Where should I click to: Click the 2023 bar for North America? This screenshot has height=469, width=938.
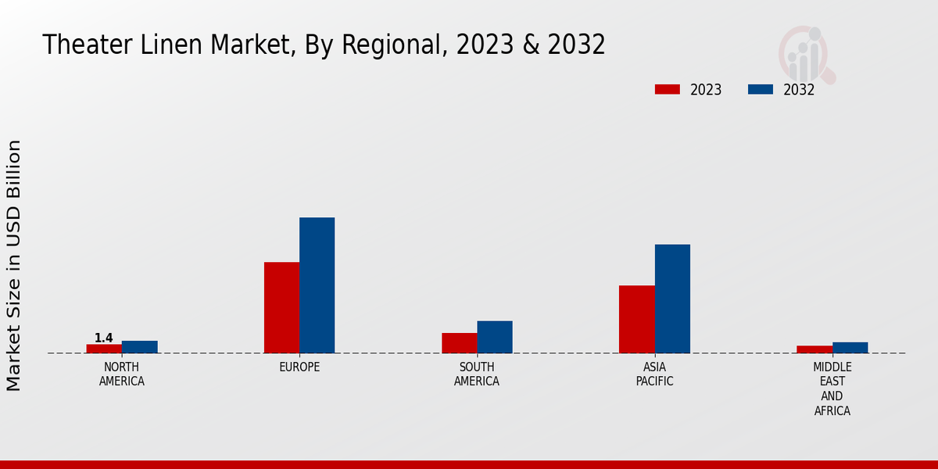coord(104,349)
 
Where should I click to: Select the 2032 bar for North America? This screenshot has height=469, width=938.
coord(140,347)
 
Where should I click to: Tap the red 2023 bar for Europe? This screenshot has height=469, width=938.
coord(281,307)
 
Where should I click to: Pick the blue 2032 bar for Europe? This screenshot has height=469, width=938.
coord(317,285)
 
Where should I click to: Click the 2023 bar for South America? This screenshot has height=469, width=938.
coord(459,343)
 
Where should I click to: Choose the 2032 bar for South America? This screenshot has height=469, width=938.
coord(495,337)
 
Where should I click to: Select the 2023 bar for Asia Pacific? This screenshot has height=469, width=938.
coord(636,319)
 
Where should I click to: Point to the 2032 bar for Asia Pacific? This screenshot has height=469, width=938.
coord(672,299)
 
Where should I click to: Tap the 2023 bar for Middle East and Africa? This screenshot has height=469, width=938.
coord(814,349)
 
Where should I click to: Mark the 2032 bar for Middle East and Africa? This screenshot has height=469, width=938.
coord(850,348)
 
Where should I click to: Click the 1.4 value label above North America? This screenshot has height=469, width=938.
coord(104,338)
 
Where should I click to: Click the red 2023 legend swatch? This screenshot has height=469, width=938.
coord(667,89)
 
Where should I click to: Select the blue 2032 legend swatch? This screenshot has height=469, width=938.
coord(760,89)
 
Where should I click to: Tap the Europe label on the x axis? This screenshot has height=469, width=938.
coord(299,367)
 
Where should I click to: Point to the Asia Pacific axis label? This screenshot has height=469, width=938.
coord(654,374)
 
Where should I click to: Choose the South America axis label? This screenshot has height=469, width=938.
coord(477,374)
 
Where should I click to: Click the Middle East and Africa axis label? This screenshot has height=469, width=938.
coord(832,388)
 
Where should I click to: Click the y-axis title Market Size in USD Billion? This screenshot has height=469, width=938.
coord(14,266)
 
